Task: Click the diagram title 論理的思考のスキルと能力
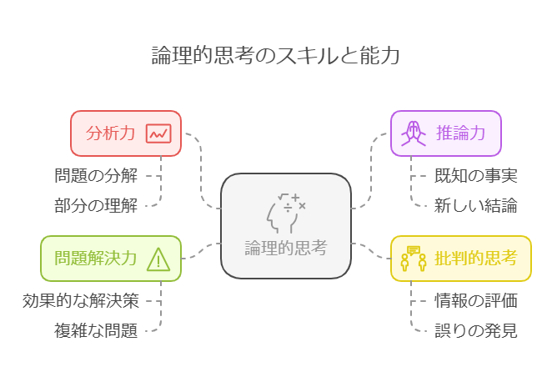tap(275, 56)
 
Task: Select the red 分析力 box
tap(125, 133)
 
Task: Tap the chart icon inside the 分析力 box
tap(158, 133)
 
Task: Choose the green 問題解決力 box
tap(110, 258)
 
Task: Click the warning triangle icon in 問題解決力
tap(158, 259)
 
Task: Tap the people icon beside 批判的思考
tap(412, 258)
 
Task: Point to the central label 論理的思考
tap(285, 248)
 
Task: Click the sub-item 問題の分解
tap(95, 175)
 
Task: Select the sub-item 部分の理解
tap(95, 204)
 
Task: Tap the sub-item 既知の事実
tap(476, 175)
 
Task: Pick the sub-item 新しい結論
tap(476, 204)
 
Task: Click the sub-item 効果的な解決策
tap(80, 300)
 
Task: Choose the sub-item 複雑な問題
tap(95, 330)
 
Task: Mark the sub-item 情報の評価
tap(476, 300)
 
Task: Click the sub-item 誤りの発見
tap(476, 330)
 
